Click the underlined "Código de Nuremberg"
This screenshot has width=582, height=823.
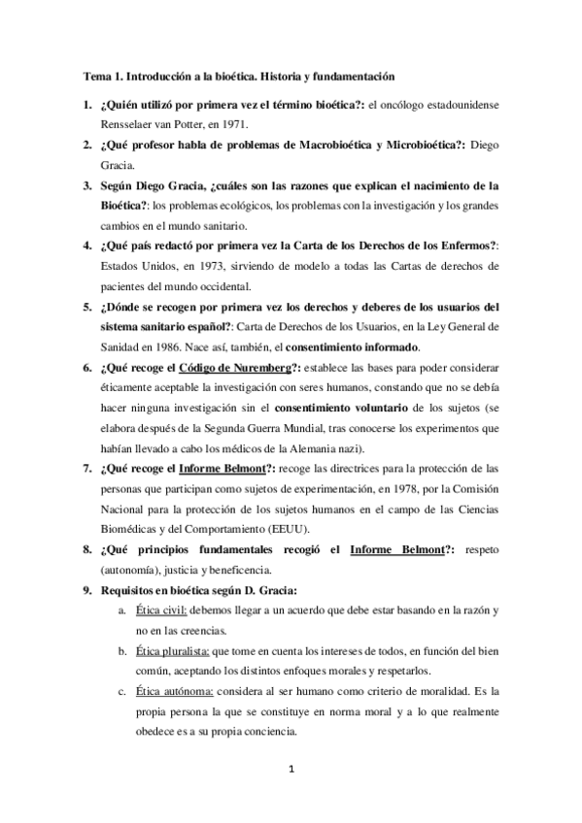(x=216, y=369)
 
